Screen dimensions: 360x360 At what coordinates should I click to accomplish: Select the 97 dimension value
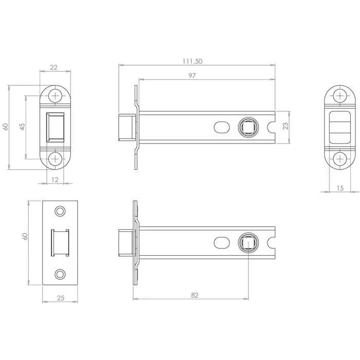[x=192, y=76]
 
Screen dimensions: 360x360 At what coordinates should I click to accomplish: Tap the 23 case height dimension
[x=285, y=125]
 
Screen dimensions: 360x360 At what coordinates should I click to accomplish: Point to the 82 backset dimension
[x=194, y=295]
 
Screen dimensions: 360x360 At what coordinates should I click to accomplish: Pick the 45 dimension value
[x=22, y=127]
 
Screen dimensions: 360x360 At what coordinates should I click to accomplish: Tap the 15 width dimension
[x=340, y=188]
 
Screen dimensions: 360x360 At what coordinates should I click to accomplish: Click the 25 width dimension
[x=60, y=297]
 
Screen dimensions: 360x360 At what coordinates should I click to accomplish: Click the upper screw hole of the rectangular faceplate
[x=60, y=211]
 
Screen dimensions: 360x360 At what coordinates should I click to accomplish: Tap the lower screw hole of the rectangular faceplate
[x=60, y=274]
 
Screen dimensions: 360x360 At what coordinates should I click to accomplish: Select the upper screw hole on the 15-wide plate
[x=339, y=96]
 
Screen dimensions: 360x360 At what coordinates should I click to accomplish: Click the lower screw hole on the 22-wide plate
[x=55, y=158]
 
